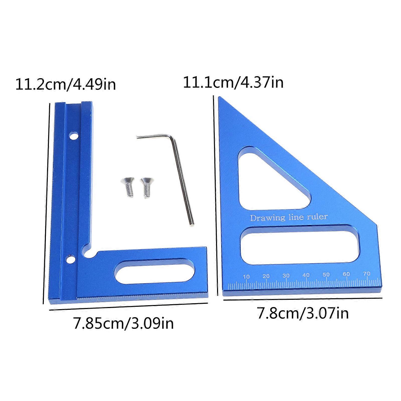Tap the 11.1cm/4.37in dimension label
(x=233, y=82)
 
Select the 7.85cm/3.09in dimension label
(x=123, y=323)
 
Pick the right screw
(x=147, y=187)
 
